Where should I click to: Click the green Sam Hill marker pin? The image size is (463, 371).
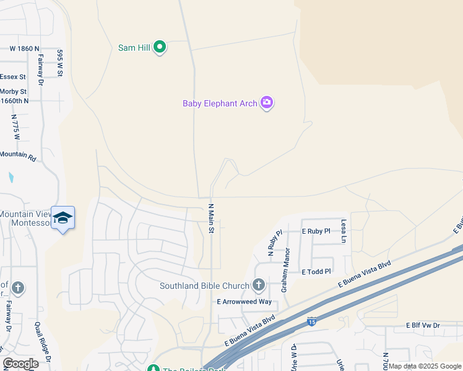tap(160, 46)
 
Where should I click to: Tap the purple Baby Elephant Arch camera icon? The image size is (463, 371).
tap(267, 103)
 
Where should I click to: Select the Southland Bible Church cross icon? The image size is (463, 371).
tap(259, 285)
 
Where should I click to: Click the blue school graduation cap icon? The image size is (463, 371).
tap(63, 218)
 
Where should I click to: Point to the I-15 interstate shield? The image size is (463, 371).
tap(311, 322)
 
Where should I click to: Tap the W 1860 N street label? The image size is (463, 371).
tap(24, 48)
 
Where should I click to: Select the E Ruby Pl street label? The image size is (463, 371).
tap(316, 231)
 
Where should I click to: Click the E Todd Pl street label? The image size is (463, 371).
tap(316, 271)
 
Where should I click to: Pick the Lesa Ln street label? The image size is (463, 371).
tap(344, 230)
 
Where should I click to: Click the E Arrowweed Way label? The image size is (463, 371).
tap(244, 301)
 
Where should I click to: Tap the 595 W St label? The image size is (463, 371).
tap(60, 63)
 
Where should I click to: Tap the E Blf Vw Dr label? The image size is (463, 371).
tap(423, 325)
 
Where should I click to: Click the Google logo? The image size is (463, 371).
tap(20, 364)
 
